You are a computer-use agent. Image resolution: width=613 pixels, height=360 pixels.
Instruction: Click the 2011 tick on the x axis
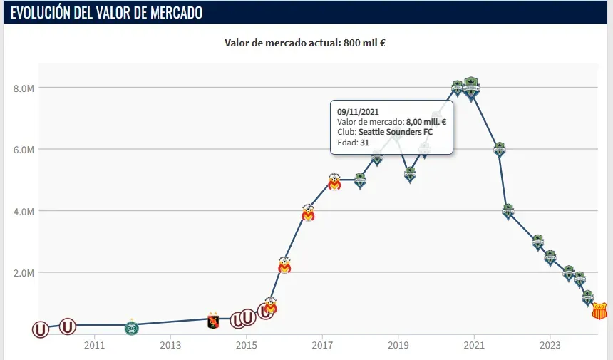point(94,345)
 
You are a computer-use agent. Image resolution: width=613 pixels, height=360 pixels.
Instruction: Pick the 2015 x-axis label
point(246,345)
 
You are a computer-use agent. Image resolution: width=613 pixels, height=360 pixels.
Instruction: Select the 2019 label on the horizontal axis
point(398,345)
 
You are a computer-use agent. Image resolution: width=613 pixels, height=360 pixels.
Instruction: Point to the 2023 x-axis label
point(550,345)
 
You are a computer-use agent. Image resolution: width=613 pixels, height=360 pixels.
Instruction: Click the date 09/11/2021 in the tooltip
point(358,112)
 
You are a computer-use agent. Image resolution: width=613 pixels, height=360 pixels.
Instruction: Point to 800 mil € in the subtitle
point(365,43)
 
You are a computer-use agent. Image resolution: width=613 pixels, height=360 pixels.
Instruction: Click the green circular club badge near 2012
point(131,327)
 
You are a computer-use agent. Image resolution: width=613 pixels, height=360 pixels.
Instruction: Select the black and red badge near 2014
point(212,321)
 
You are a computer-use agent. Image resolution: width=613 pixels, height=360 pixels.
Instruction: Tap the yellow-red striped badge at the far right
point(599,310)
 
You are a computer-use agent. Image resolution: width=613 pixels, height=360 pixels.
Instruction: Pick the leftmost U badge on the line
point(41,329)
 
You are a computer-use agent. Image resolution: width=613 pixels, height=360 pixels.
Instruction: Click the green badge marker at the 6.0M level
point(500,149)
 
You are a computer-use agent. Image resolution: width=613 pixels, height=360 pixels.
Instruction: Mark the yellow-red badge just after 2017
point(334,182)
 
